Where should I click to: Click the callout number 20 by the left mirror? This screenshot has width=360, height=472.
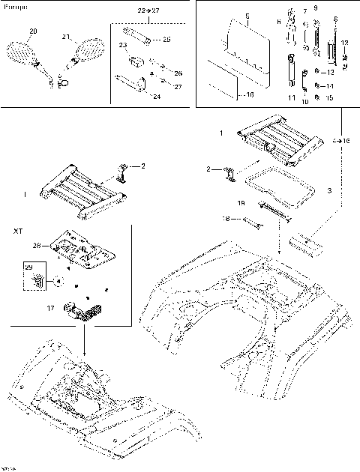click(32, 31)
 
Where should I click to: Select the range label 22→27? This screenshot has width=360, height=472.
click(148, 13)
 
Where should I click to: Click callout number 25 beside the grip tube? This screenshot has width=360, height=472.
click(166, 39)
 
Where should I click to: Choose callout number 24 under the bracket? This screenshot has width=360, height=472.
click(156, 97)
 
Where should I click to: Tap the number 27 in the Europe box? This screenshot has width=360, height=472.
click(177, 87)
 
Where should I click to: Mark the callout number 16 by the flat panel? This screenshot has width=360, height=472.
click(250, 95)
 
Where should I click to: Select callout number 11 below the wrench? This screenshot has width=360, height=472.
click(292, 98)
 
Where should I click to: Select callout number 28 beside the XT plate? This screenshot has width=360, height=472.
click(37, 244)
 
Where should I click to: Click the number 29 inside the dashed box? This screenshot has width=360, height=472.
click(29, 267)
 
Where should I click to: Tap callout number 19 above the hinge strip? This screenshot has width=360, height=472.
click(241, 203)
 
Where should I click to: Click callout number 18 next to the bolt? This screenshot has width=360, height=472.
click(227, 219)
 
